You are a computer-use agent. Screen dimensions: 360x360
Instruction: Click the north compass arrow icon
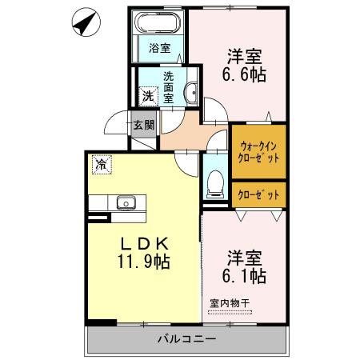83,23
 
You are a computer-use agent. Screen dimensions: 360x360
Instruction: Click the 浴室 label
160,48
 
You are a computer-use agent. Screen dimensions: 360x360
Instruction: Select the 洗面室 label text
170,89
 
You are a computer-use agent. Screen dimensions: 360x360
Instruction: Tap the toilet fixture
214,186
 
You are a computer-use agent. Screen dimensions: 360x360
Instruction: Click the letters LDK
143,242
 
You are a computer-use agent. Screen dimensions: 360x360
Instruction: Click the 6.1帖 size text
243,276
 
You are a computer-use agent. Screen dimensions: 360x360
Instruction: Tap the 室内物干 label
230,303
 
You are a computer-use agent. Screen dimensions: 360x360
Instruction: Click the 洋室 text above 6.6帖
245,56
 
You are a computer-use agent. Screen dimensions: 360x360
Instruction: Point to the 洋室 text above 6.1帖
243,258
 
